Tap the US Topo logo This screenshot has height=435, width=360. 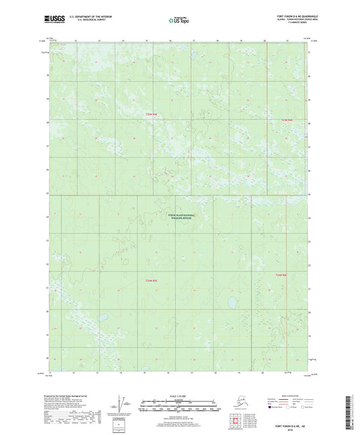[x=180, y=20]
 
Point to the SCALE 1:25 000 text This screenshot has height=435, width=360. [x=180, y=394]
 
